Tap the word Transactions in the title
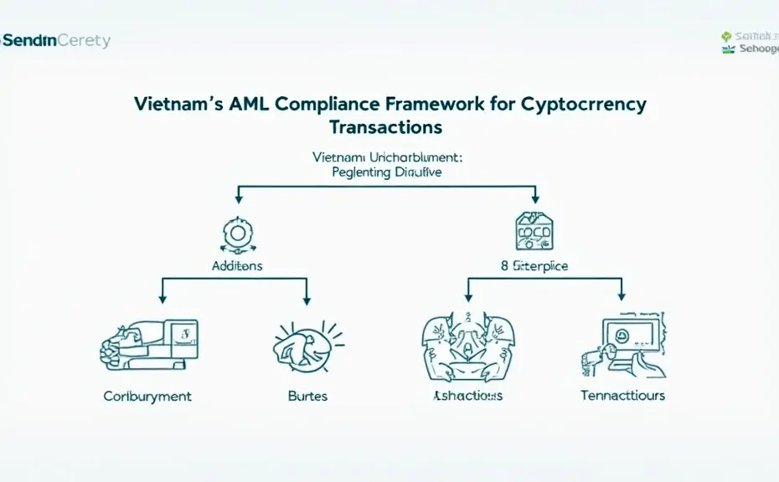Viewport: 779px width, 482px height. click(x=386, y=128)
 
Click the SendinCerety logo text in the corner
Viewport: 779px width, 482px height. click(x=55, y=40)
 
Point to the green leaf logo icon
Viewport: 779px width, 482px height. click(x=726, y=37)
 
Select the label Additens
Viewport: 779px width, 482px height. click(x=237, y=265)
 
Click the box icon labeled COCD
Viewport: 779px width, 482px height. click(x=533, y=232)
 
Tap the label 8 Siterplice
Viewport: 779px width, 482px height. click(x=534, y=266)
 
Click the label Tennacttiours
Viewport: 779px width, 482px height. click(x=623, y=395)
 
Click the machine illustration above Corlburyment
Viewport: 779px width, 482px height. click(x=149, y=343)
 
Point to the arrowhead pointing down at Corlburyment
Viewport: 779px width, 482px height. click(x=161, y=300)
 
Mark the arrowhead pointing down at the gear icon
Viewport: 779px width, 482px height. click(x=240, y=198)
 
